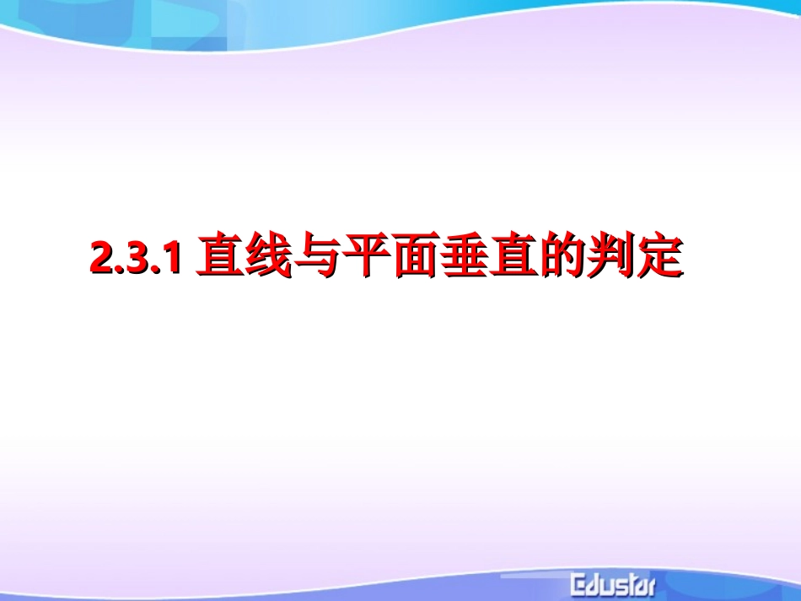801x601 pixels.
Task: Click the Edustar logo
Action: pos(612,582)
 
